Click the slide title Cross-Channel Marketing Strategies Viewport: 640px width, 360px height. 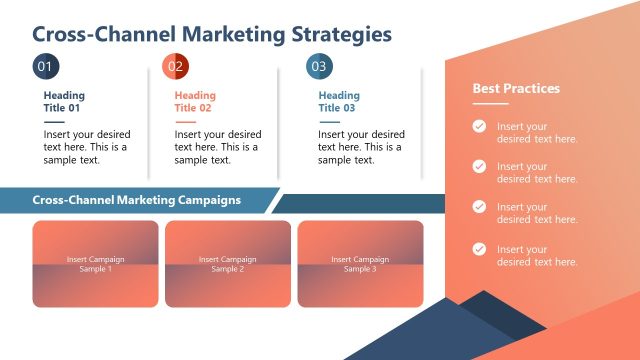pos(212,35)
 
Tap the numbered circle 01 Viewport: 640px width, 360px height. pos(44,67)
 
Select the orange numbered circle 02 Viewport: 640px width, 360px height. pos(175,67)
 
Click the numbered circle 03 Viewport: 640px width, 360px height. pos(318,67)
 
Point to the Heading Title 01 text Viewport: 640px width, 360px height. pos(64,102)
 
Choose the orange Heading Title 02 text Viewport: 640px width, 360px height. pos(194,102)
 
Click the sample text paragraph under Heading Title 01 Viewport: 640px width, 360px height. pos(87,147)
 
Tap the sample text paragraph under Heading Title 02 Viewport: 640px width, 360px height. pos(217,147)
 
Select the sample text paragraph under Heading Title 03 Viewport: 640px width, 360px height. pos(360,147)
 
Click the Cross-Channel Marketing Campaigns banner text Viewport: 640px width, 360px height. pos(137,200)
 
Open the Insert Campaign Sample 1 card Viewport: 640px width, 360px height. pos(96,264)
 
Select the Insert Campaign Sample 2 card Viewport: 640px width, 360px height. pos(228,264)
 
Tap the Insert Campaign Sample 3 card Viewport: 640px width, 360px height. pos(360,264)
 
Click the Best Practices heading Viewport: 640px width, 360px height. pos(516,89)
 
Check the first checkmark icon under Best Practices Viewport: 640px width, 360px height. pos(480,126)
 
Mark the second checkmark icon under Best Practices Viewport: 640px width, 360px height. pos(480,166)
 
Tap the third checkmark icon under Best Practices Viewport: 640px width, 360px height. pos(480,207)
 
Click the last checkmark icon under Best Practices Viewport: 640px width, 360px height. pos(480,249)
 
